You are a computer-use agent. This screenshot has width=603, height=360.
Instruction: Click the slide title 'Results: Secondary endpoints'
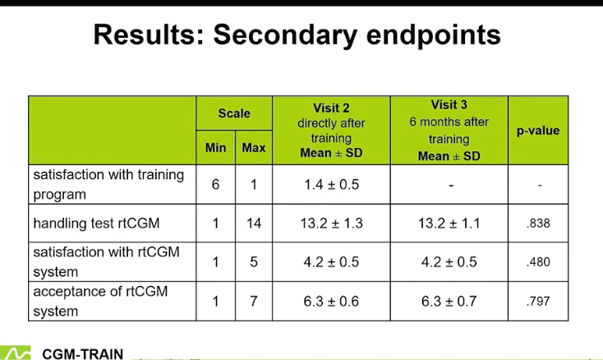click(297, 35)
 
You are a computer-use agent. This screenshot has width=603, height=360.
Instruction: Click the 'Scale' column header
click(234, 113)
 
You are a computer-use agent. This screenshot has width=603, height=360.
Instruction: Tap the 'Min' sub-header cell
click(215, 148)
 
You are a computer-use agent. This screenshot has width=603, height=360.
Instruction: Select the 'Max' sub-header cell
click(254, 148)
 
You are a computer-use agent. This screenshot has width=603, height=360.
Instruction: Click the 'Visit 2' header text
click(331, 108)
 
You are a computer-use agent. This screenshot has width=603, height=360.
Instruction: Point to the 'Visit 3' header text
click(449, 104)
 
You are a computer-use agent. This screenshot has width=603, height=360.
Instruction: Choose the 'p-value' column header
click(538, 131)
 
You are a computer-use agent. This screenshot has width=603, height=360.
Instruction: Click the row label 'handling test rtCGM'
click(96, 224)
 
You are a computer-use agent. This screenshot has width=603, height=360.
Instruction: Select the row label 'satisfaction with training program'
click(108, 185)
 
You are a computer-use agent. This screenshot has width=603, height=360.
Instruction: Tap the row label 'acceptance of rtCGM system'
click(100, 301)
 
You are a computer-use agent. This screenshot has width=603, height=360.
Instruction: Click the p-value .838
click(538, 224)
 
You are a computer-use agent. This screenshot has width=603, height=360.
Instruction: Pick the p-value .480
click(538, 262)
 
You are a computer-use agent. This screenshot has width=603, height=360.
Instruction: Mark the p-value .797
click(538, 301)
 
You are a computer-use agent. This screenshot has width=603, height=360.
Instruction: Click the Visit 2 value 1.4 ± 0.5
click(332, 185)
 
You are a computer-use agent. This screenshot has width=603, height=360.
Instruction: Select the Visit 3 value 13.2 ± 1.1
click(449, 224)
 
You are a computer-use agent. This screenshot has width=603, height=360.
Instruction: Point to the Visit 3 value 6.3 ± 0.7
click(449, 301)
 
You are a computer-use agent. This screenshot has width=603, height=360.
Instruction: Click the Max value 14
click(254, 224)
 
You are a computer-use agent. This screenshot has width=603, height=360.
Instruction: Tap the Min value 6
click(215, 185)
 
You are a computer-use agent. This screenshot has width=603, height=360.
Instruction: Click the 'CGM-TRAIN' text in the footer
click(83, 354)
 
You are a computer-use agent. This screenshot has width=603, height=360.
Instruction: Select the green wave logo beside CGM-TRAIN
click(16, 353)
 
